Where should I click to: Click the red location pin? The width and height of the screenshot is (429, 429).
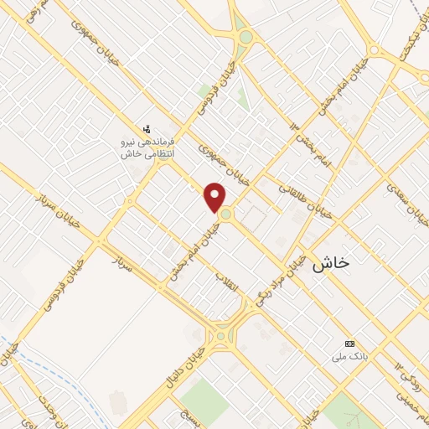(x=215, y=197)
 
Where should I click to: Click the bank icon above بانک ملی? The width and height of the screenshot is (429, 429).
(x=349, y=344)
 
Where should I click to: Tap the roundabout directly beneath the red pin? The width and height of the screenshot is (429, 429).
(x=226, y=215)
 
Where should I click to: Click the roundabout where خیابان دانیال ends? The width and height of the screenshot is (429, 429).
(x=221, y=337)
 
